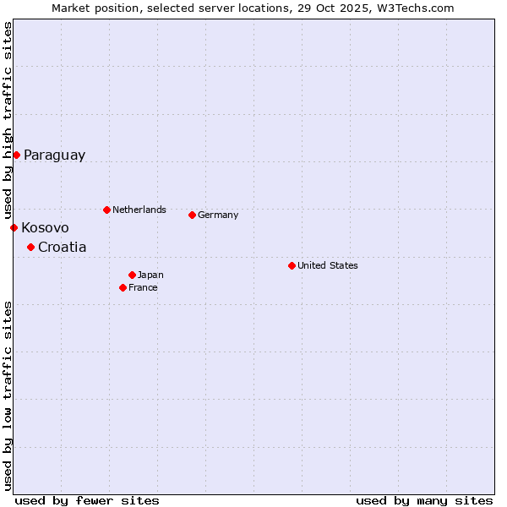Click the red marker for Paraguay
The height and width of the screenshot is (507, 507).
[x=16, y=155]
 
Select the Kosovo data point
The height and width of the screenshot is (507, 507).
[x=14, y=227]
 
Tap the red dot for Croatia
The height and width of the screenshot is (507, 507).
[x=30, y=247]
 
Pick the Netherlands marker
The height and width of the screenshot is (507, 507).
[x=106, y=210]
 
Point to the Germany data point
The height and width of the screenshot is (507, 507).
[x=192, y=215]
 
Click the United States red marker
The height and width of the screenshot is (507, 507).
[x=292, y=265]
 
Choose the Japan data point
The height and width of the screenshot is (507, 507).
[x=132, y=275]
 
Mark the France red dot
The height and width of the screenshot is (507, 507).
[x=123, y=287]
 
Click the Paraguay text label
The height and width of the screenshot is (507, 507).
[x=54, y=155]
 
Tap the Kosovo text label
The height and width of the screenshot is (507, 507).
[x=45, y=228]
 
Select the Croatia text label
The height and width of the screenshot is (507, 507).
[x=62, y=248]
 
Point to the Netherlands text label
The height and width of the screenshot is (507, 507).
[x=139, y=210]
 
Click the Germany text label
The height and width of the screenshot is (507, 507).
[x=218, y=215]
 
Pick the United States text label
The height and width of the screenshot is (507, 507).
[x=328, y=265]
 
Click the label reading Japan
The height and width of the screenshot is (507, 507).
[x=150, y=275]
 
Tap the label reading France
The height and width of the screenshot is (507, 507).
[x=143, y=287]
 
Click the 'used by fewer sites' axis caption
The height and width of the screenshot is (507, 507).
[x=87, y=500]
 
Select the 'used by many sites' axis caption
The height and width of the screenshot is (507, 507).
[x=424, y=500]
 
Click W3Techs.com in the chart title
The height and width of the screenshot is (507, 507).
[x=415, y=8]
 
